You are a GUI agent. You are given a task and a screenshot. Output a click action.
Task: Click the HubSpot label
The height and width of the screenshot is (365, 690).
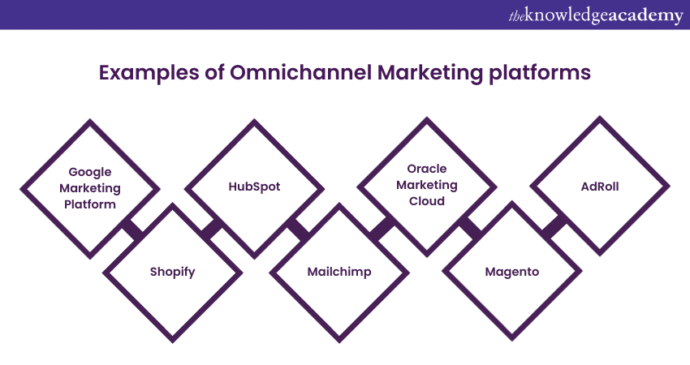pos(254,187)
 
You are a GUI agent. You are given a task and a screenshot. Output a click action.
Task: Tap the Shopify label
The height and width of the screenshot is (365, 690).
pos(172,272)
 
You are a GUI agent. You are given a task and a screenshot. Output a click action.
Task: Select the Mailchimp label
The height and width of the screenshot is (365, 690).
pos(339,272)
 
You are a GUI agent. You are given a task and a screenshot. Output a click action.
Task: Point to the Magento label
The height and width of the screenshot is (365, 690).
pos(511,272)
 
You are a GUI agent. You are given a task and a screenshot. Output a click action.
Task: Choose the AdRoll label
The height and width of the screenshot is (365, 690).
pos(600,187)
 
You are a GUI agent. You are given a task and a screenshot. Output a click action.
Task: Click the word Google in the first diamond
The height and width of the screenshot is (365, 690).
pos(90,172)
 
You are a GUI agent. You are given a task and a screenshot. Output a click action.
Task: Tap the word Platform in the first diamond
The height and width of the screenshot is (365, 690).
pos(90,204)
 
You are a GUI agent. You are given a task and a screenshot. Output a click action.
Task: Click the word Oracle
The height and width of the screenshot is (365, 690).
pos(427,169)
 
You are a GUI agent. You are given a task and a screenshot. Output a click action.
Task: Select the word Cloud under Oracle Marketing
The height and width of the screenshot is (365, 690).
pos(427,201)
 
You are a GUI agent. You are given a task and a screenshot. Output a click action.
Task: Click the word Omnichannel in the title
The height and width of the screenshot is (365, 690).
pos(300,72)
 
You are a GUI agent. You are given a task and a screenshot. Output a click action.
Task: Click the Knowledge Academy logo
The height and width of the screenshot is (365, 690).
pos(596,15)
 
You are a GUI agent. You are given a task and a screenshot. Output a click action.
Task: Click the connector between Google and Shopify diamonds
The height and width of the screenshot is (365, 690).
pos(133,230)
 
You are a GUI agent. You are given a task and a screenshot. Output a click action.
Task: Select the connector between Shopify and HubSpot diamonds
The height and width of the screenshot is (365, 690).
pos(212,230)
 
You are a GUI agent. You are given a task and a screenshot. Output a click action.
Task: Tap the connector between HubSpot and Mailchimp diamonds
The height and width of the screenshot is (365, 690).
pos(297,230)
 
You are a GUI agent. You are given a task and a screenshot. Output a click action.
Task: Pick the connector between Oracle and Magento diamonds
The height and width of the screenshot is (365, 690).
pos(470,229)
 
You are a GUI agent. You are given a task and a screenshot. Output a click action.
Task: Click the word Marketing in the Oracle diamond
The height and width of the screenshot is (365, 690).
pos(427,185)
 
